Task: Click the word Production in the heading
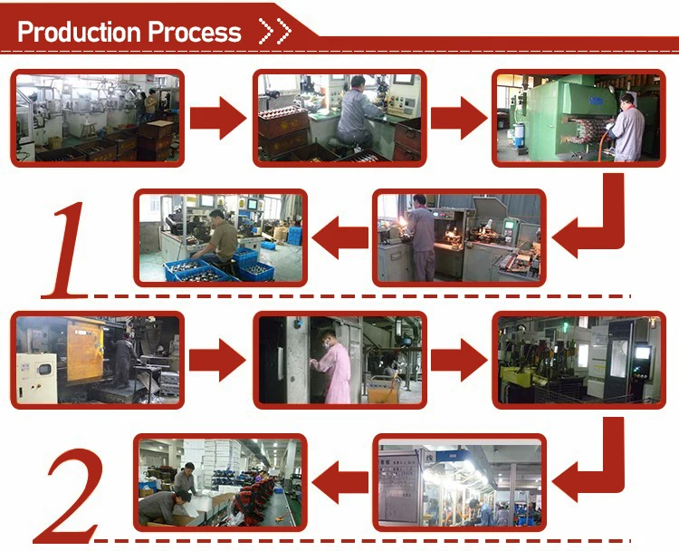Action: pyautogui.click(x=79, y=32)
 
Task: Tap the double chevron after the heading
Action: pyautogui.click(x=274, y=32)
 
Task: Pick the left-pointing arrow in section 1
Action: pyautogui.click(x=339, y=237)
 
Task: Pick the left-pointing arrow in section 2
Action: pyautogui.click(x=339, y=479)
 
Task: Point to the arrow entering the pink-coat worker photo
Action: pyautogui.click(x=218, y=359)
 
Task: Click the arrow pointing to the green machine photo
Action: pyautogui.click(x=458, y=118)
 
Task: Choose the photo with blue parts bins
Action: pyautogui.click(x=220, y=237)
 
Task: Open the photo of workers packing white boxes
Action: pyautogui.click(x=220, y=481)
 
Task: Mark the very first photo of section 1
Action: pyautogui.click(x=98, y=118)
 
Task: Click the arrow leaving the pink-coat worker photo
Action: pyautogui.click(x=458, y=359)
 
